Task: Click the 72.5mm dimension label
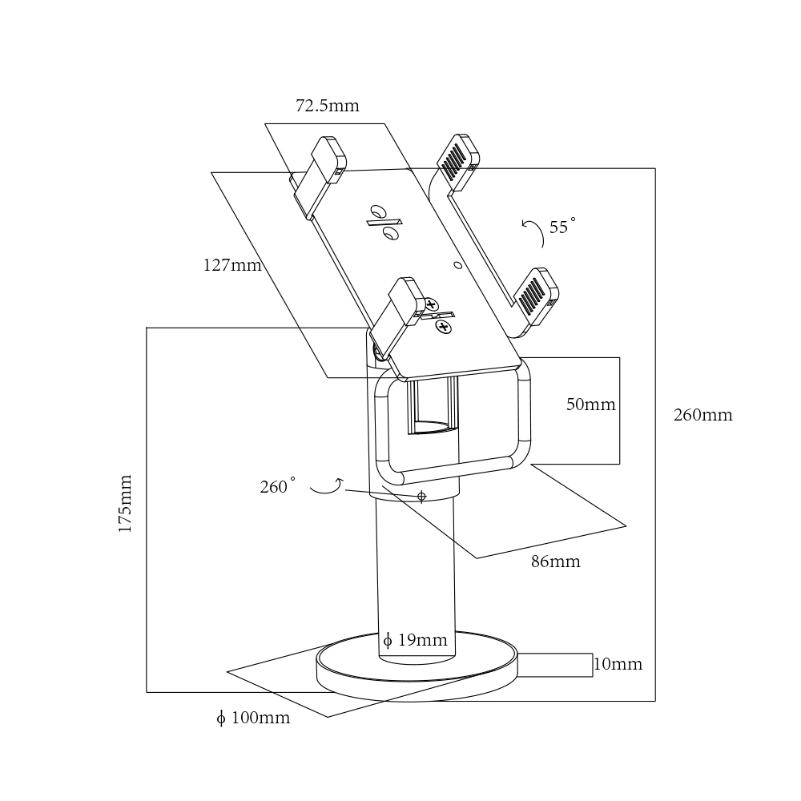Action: [328, 106]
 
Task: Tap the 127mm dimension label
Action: [232, 266]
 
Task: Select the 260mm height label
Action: [702, 415]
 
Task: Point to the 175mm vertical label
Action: [125, 504]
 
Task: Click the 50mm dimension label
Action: [590, 405]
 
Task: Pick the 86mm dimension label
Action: [555, 562]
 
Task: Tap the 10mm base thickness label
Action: [618, 665]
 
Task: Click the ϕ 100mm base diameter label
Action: [253, 718]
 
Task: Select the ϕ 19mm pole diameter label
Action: [415, 640]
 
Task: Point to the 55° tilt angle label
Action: [561, 227]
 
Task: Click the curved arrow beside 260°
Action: [327, 486]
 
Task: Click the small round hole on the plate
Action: [457, 264]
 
